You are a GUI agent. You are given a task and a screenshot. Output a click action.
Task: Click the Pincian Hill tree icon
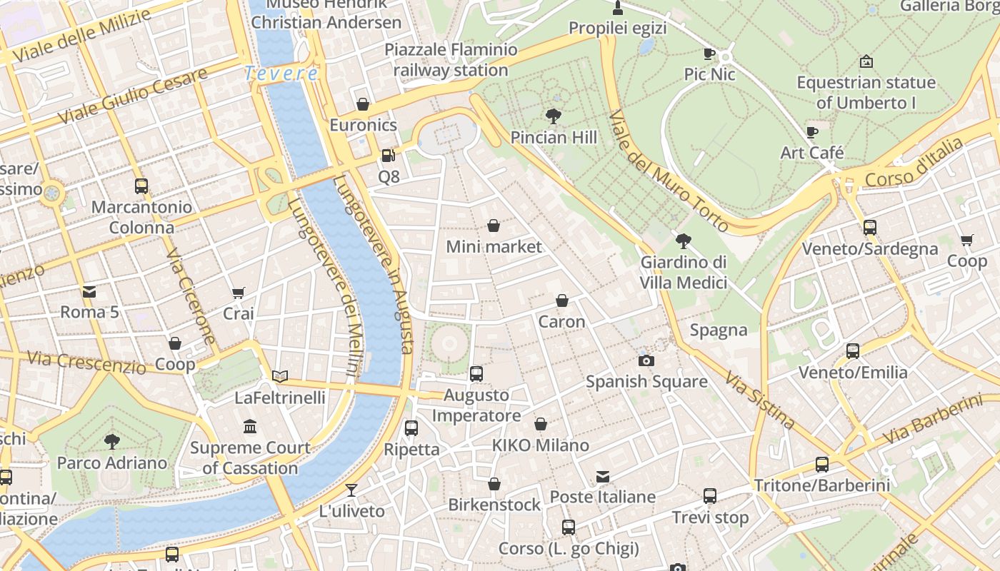click(552, 116)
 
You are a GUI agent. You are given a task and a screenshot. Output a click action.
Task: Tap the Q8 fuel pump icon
click(388, 155)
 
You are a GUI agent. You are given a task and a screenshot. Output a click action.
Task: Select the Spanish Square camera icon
click(646, 360)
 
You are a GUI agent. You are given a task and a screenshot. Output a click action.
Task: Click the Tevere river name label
click(281, 74)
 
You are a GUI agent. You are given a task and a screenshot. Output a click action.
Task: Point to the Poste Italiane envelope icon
click(603, 476)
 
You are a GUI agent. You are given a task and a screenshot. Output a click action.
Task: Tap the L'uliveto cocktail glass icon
click(351, 490)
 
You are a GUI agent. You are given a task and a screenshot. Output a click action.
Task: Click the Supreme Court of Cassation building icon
click(250, 427)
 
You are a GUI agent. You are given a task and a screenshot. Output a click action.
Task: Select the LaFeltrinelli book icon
click(280, 376)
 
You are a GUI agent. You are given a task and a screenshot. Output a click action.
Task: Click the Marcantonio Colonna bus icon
click(141, 186)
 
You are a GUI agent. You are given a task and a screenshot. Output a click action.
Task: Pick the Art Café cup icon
click(812, 132)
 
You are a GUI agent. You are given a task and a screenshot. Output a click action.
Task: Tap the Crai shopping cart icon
click(239, 293)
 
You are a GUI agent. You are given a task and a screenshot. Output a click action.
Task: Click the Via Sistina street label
click(760, 400)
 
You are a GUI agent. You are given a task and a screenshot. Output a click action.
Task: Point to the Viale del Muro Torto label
click(669, 171)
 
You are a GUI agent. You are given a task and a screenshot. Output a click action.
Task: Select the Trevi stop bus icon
click(710, 496)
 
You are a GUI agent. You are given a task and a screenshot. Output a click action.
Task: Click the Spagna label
click(719, 330)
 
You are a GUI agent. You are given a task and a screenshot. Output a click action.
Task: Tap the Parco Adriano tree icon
click(112, 441)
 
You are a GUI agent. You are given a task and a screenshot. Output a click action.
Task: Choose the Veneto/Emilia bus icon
click(853, 351)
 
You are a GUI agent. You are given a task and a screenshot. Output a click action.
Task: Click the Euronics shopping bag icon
click(363, 104)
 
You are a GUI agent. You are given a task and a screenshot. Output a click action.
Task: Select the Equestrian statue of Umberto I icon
click(866, 61)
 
